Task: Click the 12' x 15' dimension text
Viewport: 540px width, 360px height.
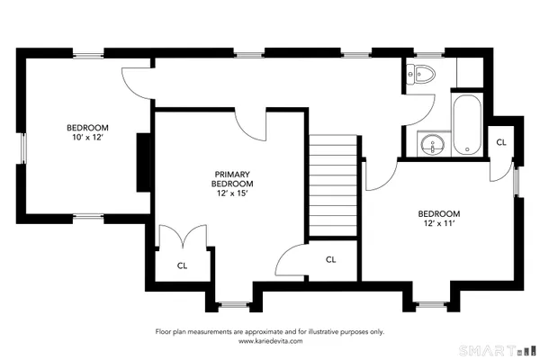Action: [231, 193]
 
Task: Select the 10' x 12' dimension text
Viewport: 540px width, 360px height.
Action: [87, 137]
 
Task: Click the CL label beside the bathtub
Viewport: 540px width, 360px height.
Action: [501, 142]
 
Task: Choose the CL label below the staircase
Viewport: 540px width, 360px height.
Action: [330, 259]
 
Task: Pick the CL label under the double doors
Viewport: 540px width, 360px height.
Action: [182, 265]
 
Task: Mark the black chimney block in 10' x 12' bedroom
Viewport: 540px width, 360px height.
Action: [142, 162]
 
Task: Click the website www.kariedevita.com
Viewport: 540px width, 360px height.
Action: [270, 341]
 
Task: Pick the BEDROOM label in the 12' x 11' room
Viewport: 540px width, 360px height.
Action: [438, 213]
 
